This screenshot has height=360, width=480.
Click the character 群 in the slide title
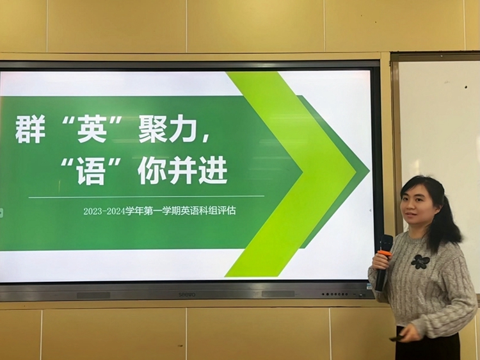point(30,129)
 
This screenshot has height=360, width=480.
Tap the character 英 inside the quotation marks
point(92,129)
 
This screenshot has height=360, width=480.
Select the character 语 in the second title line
point(92,170)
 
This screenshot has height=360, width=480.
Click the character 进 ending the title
point(212,170)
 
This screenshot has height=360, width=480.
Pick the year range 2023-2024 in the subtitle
point(104,211)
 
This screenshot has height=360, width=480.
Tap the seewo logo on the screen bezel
point(187,295)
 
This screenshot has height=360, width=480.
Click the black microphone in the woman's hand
point(383,263)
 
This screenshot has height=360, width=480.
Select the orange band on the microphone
point(385,253)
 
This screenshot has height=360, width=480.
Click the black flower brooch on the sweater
point(420,262)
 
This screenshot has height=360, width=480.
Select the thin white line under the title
point(147,197)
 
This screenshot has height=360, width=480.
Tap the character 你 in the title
point(152,170)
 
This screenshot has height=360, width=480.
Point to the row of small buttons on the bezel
point(335,295)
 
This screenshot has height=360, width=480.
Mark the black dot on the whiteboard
point(466,87)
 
